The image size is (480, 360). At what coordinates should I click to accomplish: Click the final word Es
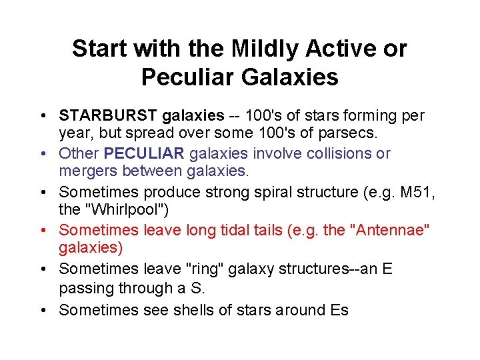click(x=339, y=309)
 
